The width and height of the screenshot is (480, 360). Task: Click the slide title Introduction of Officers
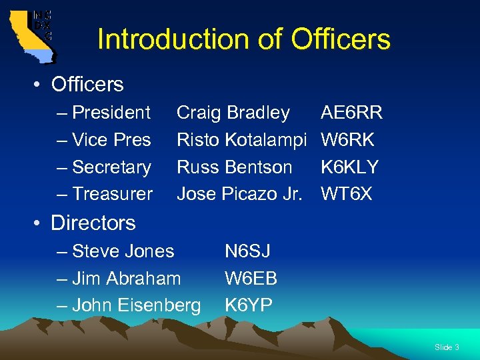243,39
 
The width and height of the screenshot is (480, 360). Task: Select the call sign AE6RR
351,113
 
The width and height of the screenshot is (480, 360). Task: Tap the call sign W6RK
347,140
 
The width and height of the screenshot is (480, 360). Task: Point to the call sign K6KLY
349,167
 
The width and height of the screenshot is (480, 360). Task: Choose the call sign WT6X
346,194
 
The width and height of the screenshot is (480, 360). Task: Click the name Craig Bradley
233,113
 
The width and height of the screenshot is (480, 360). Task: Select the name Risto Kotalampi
241,140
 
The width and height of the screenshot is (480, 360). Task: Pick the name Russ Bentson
234,167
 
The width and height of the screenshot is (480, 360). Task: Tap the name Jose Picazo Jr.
239,194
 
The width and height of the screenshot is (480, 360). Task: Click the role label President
111,113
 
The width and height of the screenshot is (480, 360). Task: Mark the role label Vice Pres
111,140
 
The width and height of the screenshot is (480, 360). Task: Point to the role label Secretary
111,167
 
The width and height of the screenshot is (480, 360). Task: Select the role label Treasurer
112,194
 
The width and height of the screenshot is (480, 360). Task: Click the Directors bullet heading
93,223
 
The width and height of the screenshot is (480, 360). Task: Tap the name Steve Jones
123,251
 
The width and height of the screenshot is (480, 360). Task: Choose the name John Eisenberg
136,305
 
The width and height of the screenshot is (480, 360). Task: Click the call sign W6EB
251,278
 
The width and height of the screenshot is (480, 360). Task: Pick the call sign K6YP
248,305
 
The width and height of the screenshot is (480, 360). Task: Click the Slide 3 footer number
447,347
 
